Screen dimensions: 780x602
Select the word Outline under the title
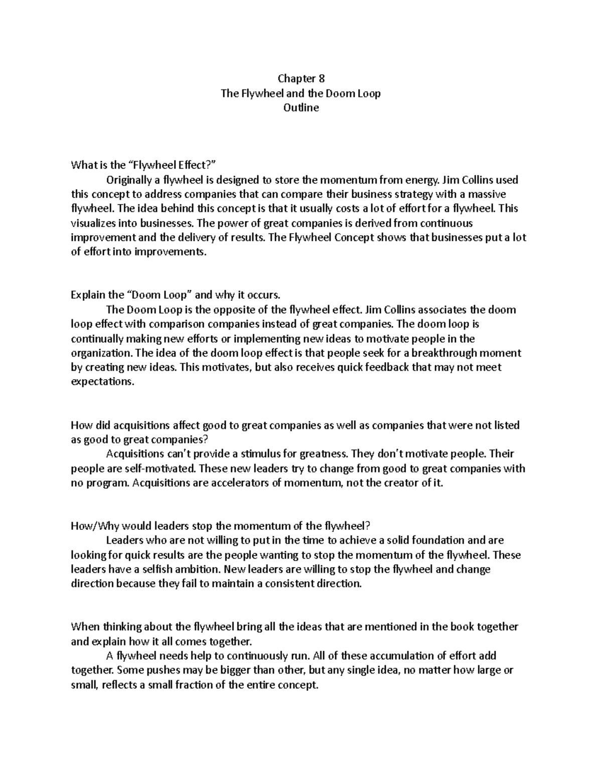pos(301,107)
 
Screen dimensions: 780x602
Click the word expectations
pos(103,382)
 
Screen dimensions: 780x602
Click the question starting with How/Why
pos(221,526)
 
